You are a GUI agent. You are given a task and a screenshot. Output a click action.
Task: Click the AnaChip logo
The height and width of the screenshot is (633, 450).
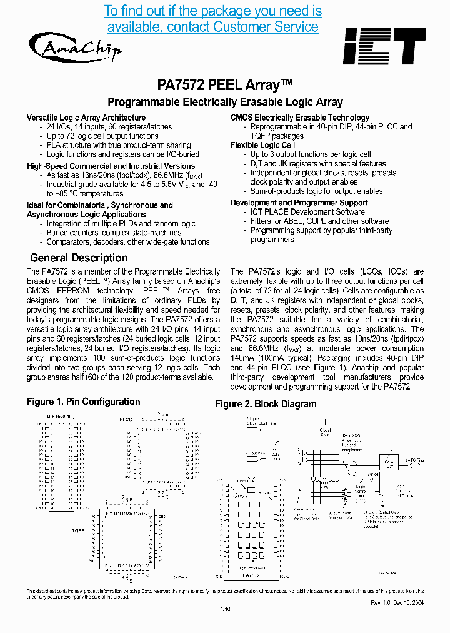click(x=74, y=47)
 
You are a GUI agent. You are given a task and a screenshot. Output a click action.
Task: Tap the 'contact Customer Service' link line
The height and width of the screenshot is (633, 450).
click(x=213, y=27)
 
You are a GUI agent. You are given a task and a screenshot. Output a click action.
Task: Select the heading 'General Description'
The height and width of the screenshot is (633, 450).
click(x=79, y=258)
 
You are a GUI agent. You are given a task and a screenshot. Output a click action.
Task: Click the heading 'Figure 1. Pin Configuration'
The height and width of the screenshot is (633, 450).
click(x=83, y=402)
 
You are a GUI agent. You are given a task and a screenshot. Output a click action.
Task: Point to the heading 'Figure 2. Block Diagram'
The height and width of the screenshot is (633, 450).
click(x=266, y=404)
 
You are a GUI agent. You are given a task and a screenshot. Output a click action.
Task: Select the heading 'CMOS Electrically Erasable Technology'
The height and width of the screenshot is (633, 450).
click(x=300, y=118)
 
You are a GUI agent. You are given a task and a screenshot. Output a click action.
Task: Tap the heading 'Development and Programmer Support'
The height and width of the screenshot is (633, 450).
click(x=299, y=203)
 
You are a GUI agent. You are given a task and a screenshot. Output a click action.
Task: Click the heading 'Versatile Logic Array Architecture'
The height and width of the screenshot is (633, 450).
click(x=86, y=118)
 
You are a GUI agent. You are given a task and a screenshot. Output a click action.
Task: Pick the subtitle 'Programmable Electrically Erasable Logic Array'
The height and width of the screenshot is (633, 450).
click(x=225, y=102)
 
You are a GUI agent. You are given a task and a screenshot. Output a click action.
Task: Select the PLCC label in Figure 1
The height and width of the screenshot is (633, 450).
click(x=126, y=418)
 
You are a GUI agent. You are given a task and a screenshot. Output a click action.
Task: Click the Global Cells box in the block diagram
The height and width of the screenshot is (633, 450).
click(x=326, y=432)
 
